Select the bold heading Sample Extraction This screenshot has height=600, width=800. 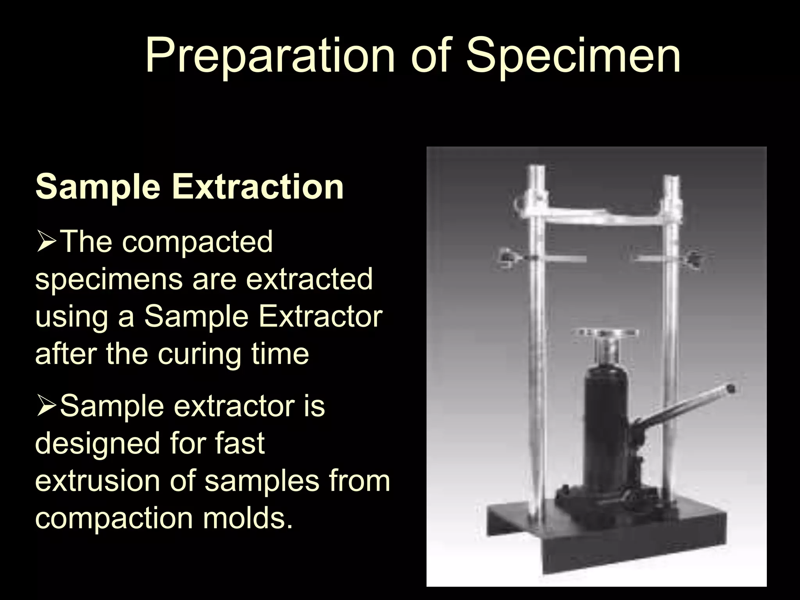point(189,186)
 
